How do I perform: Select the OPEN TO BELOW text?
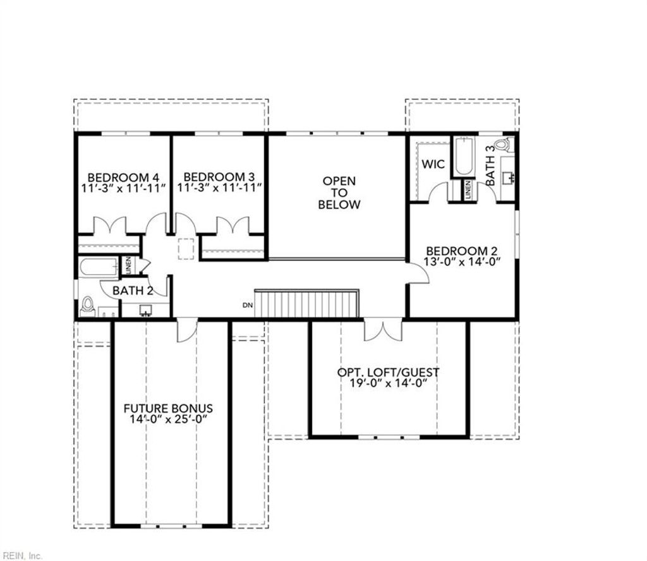click(339, 193)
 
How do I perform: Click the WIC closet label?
click(433, 164)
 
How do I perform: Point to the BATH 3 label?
click(491, 166)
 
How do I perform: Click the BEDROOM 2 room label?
click(465, 251)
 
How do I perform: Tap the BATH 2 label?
click(133, 291)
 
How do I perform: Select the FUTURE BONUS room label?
click(168, 408)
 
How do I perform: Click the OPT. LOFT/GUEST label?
click(388, 372)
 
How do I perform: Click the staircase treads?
click(306, 304)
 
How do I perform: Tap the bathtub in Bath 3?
click(463, 158)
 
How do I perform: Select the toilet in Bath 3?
click(504, 145)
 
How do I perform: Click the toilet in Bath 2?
click(88, 307)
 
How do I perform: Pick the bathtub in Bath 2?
click(99, 268)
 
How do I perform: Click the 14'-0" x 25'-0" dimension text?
click(168, 419)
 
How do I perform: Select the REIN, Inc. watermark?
click(21, 555)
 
